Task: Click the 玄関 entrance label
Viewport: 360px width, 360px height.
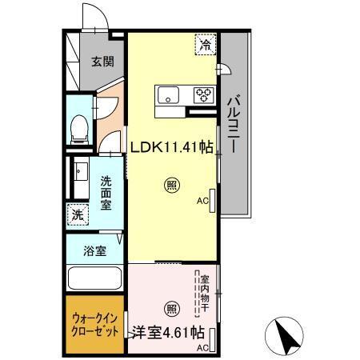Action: click(x=101, y=62)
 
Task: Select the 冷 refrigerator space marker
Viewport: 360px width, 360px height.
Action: click(x=206, y=46)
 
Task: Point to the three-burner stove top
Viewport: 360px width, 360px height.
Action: click(x=202, y=95)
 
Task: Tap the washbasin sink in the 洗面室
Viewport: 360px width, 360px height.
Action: click(x=78, y=171)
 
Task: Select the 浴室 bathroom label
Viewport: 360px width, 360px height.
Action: click(x=94, y=251)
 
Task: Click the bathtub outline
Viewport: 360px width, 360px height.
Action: click(x=94, y=281)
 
